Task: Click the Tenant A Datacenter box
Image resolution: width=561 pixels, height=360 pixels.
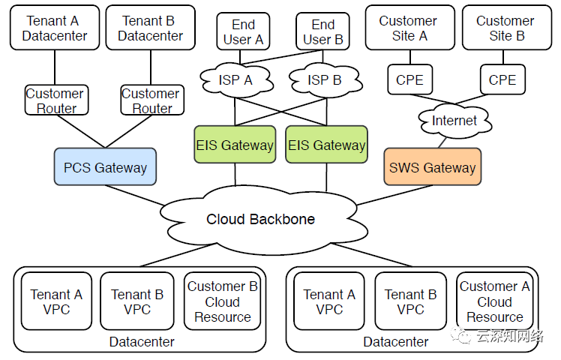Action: coord(55,28)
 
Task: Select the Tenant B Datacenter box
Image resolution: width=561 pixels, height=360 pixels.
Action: coord(150,28)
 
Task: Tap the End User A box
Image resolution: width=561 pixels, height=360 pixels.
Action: coord(243,32)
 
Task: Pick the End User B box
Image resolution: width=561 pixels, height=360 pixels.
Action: coord(323,32)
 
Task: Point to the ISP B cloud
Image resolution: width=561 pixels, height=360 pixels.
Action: coord(323,78)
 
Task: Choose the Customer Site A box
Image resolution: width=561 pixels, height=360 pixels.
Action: coord(408,28)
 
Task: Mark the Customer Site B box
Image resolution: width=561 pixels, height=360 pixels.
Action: coord(505,28)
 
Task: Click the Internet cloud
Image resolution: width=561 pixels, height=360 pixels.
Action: coord(454,120)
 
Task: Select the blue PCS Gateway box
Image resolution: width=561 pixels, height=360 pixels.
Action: coord(105,166)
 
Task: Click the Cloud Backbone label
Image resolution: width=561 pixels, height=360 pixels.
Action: coord(261,220)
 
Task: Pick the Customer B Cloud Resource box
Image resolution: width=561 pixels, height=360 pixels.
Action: coord(222,301)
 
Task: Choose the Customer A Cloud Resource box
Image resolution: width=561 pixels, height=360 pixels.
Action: coord(494,301)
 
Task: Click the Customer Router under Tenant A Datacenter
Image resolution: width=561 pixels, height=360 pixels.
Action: coord(55,100)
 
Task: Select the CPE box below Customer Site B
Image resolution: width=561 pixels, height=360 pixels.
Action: coord(502,79)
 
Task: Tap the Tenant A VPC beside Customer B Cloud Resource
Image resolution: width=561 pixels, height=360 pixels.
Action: coord(56,301)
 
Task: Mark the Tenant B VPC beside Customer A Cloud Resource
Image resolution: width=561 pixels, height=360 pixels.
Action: coord(410,301)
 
